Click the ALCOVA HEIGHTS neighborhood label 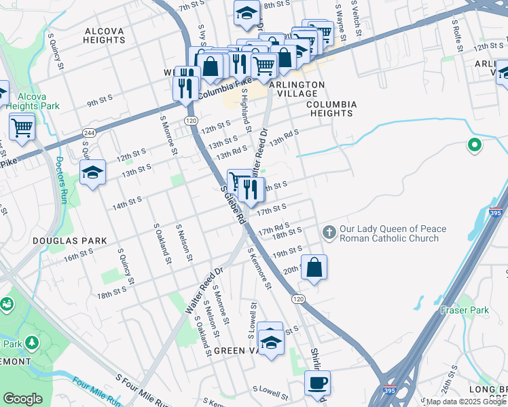105,35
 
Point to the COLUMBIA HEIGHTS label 331,109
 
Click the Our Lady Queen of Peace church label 393,233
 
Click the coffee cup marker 317,383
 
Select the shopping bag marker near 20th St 314,268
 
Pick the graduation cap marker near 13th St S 93,173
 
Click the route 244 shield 89,132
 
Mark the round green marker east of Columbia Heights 475,145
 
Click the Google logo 23,399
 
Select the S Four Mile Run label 142,390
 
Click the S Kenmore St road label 259,268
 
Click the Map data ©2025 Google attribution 466,402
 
